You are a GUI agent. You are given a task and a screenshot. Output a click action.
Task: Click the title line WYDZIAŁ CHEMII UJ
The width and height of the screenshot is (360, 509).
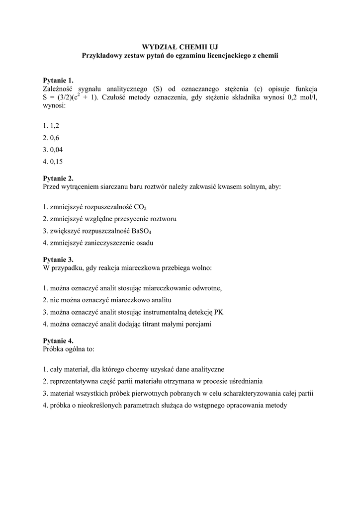180,47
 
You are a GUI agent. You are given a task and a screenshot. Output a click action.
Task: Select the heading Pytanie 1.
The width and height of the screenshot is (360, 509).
58,80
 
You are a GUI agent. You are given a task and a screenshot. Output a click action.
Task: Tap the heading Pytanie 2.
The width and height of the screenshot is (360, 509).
58,178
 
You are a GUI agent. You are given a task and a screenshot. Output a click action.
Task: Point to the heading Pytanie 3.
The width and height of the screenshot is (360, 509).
58,259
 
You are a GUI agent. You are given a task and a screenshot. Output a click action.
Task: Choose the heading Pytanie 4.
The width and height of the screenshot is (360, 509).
58,340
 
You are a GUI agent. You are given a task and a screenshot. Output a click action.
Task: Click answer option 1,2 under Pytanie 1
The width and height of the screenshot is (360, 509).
54,126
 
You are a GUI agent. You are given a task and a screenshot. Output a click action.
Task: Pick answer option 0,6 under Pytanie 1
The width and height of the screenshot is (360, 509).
54,138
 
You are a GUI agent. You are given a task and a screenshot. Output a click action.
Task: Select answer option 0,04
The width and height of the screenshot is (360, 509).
56,149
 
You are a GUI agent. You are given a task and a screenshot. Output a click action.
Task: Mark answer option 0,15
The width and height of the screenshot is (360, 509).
56,161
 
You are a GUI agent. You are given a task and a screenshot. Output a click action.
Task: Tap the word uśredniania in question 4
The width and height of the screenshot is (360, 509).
245,381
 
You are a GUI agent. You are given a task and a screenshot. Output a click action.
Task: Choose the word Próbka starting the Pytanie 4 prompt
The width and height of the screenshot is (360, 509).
54,349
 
